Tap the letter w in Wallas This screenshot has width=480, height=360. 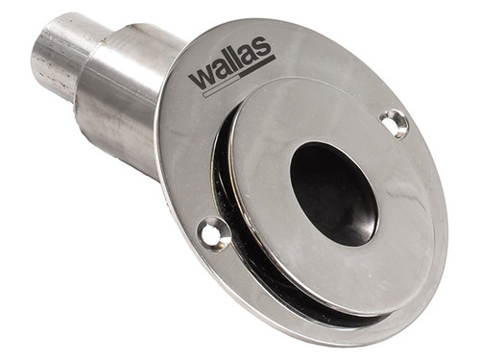pos(202,77)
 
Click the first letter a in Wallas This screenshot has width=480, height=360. pos(221,70)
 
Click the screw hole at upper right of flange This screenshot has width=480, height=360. pos(394,122)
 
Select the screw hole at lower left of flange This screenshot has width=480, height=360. pos(212,231)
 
